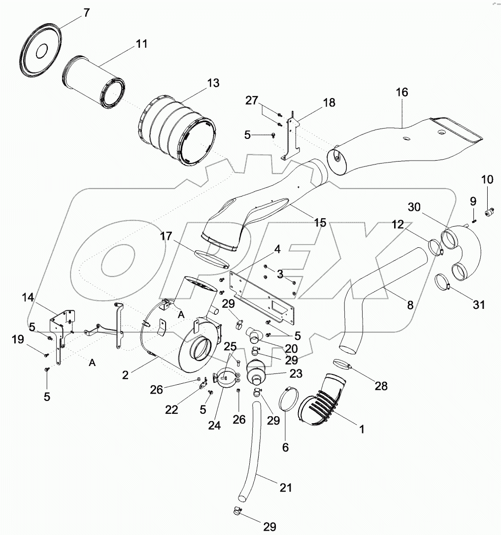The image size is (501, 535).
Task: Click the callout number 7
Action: pos(87,13)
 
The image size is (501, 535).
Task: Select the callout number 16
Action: pos(401,92)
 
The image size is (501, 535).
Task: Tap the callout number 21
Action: pos(286,487)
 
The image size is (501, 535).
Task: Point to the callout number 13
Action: pos(213,83)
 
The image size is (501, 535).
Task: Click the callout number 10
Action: pos(487,180)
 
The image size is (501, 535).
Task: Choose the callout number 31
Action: pos(478,305)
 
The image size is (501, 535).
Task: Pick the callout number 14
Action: pos(28,298)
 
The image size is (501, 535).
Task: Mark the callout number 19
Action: pos(17,339)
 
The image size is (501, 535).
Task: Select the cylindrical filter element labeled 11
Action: pos(94,83)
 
